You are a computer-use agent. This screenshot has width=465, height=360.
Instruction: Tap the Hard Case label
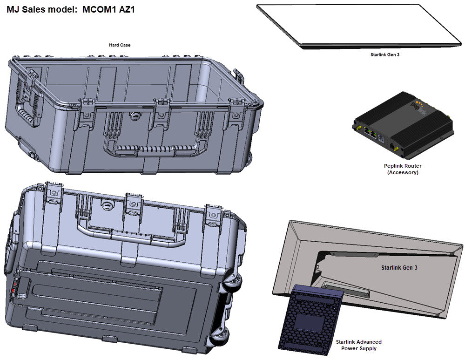(x=120, y=45)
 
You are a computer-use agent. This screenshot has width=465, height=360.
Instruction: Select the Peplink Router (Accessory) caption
(x=403, y=169)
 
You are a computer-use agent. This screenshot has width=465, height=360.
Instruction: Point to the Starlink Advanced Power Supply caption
(x=358, y=345)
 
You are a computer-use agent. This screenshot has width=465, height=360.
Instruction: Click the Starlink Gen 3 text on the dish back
(x=399, y=268)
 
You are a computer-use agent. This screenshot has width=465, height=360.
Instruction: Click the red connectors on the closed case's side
(x=15, y=286)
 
